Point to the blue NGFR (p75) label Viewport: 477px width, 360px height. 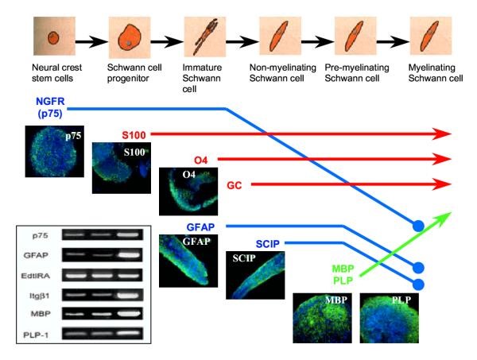52,108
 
